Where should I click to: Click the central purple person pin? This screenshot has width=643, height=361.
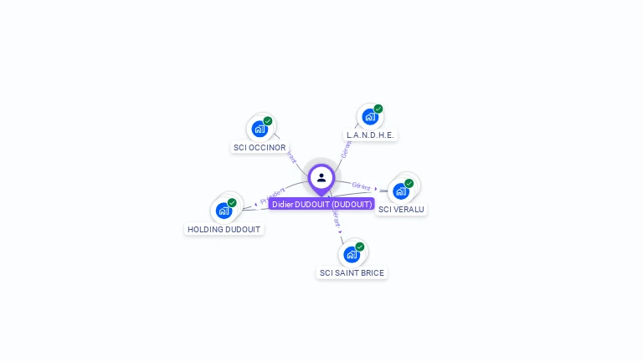coord(321,178)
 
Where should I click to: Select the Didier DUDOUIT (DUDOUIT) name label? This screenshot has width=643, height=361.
coord(321,204)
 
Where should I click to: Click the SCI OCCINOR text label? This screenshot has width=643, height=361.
coord(260,148)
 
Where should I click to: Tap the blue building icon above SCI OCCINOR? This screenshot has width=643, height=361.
coord(260,129)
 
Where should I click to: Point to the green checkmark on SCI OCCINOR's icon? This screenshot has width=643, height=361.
coord(268,121)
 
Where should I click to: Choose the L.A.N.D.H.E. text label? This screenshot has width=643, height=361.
coord(370,135)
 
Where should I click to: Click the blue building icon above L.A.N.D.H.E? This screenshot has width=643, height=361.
coord(370,116)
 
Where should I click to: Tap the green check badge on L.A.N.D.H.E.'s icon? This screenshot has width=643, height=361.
coord(378,109)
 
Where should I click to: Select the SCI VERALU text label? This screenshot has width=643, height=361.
coord(401,210)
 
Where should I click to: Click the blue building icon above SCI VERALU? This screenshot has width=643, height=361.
coord(401,191)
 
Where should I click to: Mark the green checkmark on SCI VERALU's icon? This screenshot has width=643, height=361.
coord(409,183)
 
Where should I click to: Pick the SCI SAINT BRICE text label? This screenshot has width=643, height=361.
coord(352,273)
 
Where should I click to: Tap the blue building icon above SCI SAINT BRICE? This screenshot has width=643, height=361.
coord(352,254)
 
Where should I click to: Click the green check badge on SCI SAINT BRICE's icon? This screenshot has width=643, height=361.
coord(360,247)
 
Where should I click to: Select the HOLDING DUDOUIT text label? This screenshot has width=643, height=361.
coord(224,229)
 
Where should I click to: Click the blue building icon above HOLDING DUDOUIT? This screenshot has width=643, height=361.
coord(224,210)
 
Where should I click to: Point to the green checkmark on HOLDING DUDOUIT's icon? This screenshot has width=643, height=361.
coord(232,202)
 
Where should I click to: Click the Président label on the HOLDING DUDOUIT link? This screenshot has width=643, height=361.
coord(273,196)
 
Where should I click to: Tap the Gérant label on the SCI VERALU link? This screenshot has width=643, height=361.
coord(361,186)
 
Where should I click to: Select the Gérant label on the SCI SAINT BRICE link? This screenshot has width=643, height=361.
coord(336,219)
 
